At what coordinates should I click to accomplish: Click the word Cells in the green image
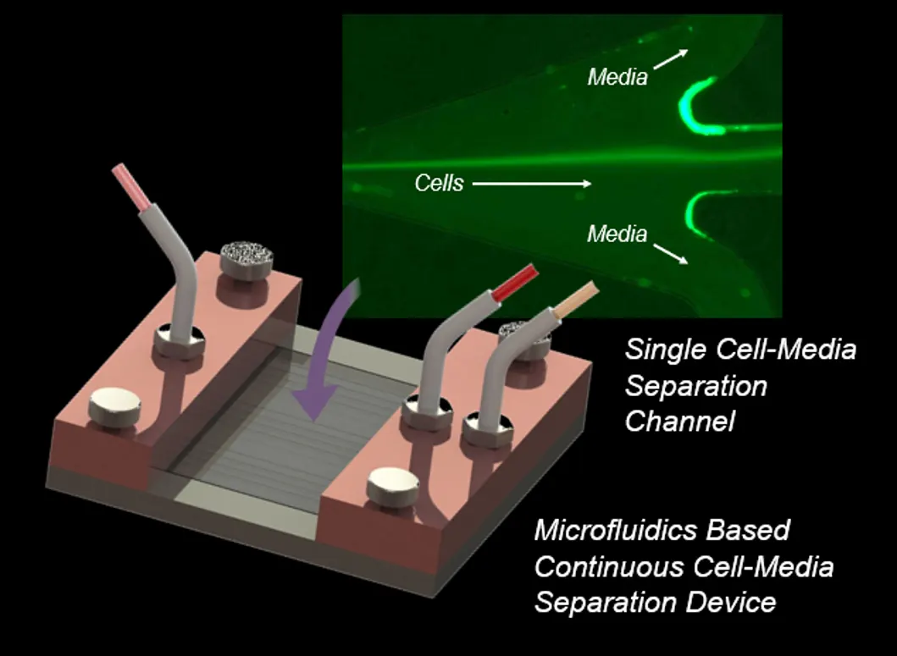tap(439, 183)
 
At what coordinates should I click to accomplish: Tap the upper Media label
tap(617, 77)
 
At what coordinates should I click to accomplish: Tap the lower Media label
tap(617, 234)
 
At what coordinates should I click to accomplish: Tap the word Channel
tap(679, 421)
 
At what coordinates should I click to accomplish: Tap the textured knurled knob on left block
tap(246, 255)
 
